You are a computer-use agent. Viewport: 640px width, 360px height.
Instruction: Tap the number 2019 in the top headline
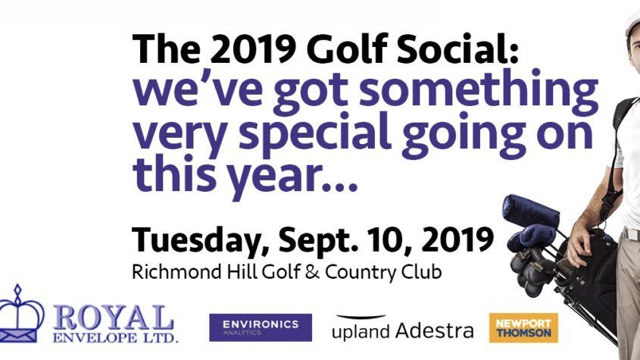coord(255,49)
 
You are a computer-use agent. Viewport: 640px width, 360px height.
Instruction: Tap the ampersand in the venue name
coord(312,272)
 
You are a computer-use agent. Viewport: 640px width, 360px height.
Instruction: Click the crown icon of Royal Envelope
coord(19,315)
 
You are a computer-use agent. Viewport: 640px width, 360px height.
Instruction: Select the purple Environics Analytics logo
coord(261,327)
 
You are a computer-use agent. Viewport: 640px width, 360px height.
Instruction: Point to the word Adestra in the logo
coord(435,330)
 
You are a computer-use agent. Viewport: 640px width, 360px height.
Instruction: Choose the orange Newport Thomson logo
coord(523,327)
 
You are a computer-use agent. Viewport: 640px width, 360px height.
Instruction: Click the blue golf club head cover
coord(530,211)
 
